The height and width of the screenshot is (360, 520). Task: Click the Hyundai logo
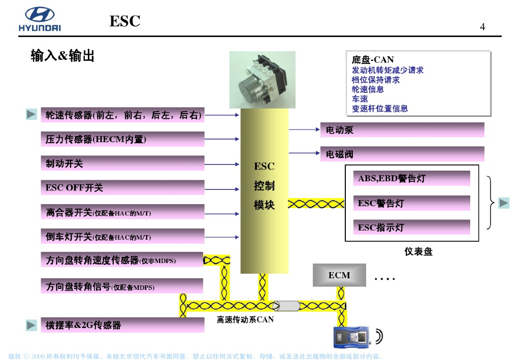(x=40, y=19)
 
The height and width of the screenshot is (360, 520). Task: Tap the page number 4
(x=482, y=27)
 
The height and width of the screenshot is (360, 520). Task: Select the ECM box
(x=339, y=275)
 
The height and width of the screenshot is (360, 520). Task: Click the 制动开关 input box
(x=122, y=163)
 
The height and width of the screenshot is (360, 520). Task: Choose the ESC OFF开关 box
(x=122, y=188)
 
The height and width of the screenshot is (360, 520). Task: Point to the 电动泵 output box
(x=402, y=130)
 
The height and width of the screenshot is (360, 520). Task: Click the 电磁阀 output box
(x=402, y=154)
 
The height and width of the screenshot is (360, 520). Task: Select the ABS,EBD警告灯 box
(x=411, y=178)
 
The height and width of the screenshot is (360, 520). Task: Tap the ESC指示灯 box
(x=411, y=227)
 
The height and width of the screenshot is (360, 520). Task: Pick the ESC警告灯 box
(x=411, y=203)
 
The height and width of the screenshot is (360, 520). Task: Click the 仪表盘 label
(x=418, y=251)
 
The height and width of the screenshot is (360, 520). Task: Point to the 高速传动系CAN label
(x=245, y=320)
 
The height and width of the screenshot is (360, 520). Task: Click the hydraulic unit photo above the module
(x=262, y=80)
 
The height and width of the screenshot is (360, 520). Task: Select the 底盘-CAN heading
(x=373, y=59)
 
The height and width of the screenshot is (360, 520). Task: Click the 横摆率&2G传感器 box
(x=122, y=325)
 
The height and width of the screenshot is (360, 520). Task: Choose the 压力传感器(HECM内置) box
(x=122, y=139)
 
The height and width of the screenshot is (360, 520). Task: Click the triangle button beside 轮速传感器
(x=31, y=115)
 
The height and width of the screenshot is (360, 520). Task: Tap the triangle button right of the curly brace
(x=503, y=203)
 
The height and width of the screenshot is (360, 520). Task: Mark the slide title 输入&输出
(x=62, y=56)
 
